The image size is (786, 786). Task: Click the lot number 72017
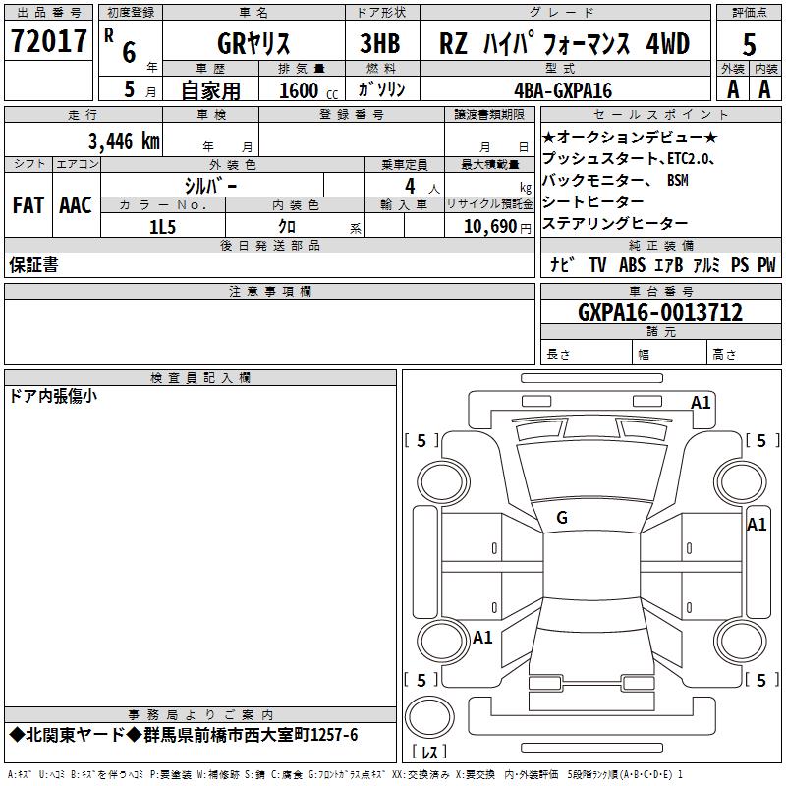[x=48, y=42]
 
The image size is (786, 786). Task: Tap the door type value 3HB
[x=381, y=44]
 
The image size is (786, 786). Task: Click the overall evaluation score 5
[x=749, y=44]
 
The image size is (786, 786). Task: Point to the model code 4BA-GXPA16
[x=563, y=90]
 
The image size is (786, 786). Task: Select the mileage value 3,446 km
[x=123, y=141]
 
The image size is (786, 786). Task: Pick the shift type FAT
[x=28, y=205]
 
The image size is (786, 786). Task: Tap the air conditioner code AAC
[x=75, y=205]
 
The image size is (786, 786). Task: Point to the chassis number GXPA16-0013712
[x=660, y=312]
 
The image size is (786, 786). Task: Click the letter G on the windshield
[x=562, y=518]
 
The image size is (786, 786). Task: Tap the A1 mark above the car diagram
[x=701, y=402]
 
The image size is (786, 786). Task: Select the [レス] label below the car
[x=429, y=754]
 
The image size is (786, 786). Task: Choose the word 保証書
[x=33, y=265]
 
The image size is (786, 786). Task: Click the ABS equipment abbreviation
[x=632, y=265]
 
